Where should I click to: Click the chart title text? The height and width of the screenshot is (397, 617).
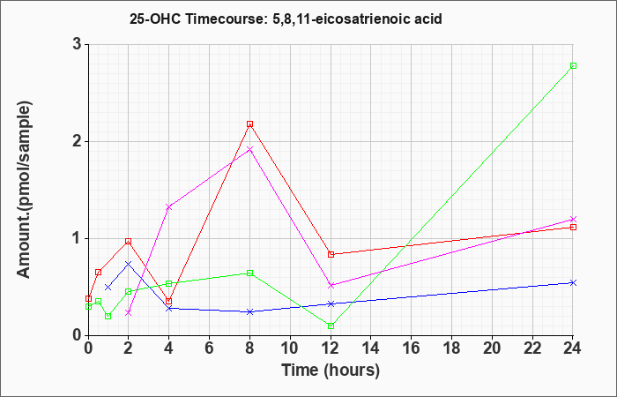286,19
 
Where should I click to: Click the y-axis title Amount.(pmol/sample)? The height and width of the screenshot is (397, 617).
24,190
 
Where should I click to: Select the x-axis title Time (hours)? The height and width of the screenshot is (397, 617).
331,371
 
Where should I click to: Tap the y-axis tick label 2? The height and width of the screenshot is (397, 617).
77,141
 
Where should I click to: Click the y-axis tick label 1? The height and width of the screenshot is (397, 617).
77,238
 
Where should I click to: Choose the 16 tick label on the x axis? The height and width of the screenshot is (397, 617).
412,348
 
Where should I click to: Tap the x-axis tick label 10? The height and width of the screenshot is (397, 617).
290,348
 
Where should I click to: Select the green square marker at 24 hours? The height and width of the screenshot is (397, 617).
573,66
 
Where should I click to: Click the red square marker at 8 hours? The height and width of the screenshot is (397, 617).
249,124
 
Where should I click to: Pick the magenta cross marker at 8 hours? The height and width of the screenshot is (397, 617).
249,149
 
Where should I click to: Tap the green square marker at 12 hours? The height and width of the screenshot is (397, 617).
331,326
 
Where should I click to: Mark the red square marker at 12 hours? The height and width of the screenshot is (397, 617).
331,254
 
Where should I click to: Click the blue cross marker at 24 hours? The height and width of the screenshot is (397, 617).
573,283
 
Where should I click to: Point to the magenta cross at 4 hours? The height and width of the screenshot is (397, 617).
169,206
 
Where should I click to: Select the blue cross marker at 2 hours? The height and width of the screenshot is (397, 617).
129,264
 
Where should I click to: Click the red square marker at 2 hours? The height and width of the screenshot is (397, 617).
129,242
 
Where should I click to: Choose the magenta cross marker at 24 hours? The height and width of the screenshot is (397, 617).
573,219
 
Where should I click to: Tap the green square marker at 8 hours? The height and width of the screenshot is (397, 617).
249,273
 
